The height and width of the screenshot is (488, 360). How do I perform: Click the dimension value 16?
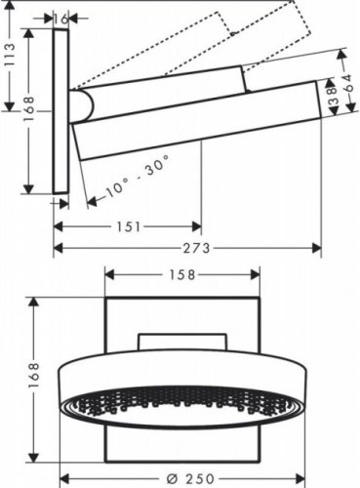(x=60, y=18)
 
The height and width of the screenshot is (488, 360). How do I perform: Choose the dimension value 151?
(x=127, y=226)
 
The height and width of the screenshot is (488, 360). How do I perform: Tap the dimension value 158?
(x=183, y=274)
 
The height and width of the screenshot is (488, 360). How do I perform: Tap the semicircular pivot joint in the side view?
(x=82, y=104)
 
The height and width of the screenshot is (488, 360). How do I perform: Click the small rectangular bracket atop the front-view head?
(x=183, y=339)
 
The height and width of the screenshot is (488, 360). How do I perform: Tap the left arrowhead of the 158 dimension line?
(x=108, y=274)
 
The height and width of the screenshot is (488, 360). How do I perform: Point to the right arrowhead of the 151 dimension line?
(x=198, y=226)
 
